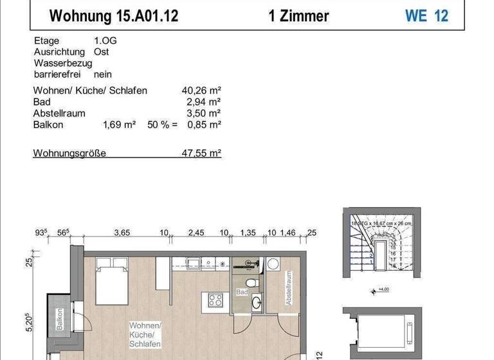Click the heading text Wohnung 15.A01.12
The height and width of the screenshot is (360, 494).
tap(114, 16)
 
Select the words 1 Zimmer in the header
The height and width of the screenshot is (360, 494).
tap(299, 16)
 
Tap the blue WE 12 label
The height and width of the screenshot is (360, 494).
tap(426, 16)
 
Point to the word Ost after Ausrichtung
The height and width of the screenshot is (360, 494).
tap(101, 51)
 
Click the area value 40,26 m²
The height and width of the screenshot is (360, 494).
tap(201, 91)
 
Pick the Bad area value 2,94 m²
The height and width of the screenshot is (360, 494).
tap(204, 102)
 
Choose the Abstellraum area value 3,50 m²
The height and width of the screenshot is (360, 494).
tap(204, 113)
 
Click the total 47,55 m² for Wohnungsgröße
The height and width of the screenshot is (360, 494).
tap(201, 154)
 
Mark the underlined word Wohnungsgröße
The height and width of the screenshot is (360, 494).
tap(69, 154)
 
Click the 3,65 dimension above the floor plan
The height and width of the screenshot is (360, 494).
tap(122, 233)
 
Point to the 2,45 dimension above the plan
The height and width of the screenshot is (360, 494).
tap(196, 233)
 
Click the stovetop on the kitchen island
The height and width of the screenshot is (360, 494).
tap(215, 300)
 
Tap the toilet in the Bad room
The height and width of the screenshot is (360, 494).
tap(253, 282)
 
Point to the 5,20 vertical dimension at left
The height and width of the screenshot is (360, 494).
tap(29, 319)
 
